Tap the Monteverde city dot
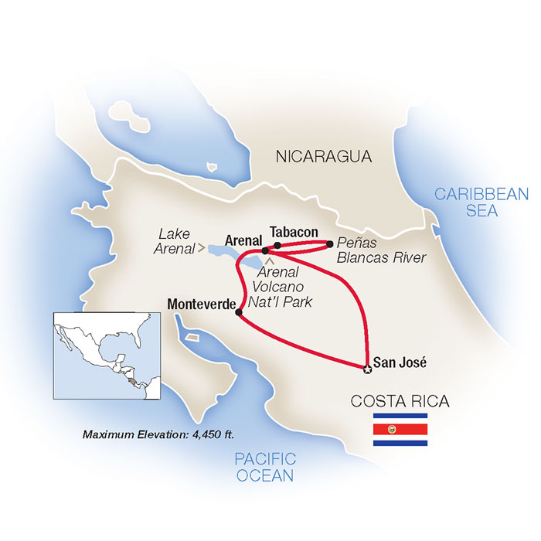point(239,313)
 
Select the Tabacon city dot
point(277,245)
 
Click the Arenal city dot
point(264,250)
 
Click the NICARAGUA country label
point(324,157)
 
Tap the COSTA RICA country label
point(400,401)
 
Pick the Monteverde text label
point(201,305)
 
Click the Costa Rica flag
point(400,430)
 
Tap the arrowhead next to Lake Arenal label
point(203,248)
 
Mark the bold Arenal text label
point(243,240)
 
